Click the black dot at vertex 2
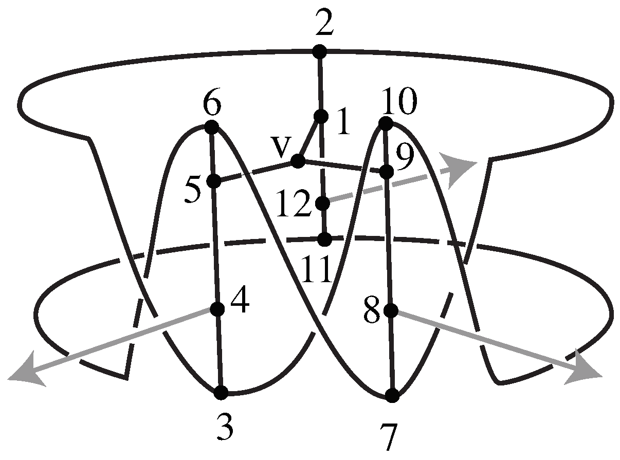(320, 51)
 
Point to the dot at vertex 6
(211, 126)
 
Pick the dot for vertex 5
(213, 181)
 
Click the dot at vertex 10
(386, 123)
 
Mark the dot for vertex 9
(388, 172)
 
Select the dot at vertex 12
(323, 204)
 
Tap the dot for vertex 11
(324, 239)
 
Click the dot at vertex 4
(217, 309)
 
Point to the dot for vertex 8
(391, 310)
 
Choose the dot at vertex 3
(221, 393)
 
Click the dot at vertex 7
(392, 396)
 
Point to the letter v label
(280, 148)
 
